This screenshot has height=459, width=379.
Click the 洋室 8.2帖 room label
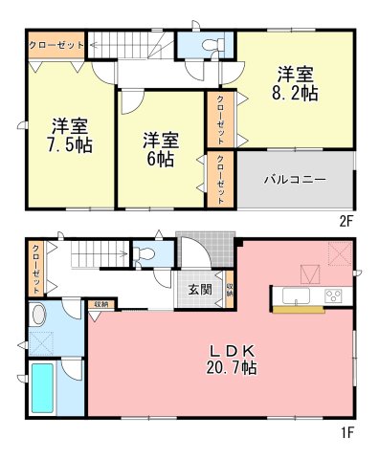[x=295, y=83]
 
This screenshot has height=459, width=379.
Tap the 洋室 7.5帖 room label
[x=70, y=136]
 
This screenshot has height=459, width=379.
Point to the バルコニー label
[x=295, y=180]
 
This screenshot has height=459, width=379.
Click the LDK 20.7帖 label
[x=232, y=360]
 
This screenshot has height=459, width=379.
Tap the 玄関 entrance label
[x=200, y=290]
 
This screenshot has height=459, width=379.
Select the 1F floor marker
[x=347, y=433]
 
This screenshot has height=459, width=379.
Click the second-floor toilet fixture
[x=212, y=44]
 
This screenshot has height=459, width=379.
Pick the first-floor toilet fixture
[x=144, y=254]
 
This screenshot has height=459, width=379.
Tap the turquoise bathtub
[x=42, y=388]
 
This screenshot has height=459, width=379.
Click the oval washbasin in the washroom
[x=40, y=315]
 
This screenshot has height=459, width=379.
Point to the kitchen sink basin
[x=296, y=296]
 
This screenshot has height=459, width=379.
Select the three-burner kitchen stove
[x=333, y=295]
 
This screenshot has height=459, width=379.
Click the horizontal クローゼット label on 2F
[x=56, y=45]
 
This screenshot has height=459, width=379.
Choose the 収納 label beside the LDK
[x=100, y=304]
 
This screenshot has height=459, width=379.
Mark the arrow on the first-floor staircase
[x=100, y=254]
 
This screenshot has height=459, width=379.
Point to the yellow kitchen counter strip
[x=299, y=309]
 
